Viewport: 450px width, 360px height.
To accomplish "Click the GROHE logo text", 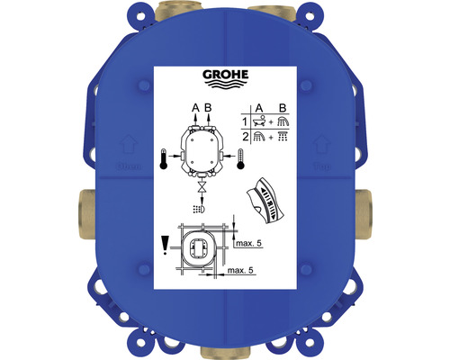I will click(225, 76).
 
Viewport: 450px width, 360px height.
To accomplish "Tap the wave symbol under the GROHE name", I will click(225, 87).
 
